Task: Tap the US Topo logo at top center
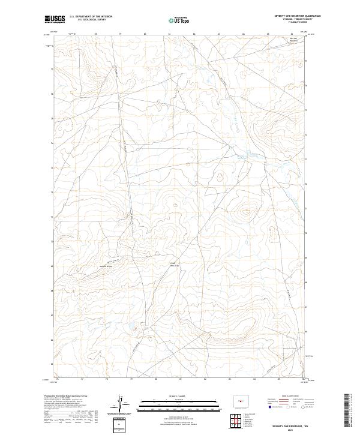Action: (180, 20)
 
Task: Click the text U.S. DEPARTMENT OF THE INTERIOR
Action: (91, 17)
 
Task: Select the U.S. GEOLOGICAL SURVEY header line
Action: (91, 20)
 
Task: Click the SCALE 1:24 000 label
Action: (179, 396)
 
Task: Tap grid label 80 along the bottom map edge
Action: (156, 379)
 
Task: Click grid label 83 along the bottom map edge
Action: (230, 379)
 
